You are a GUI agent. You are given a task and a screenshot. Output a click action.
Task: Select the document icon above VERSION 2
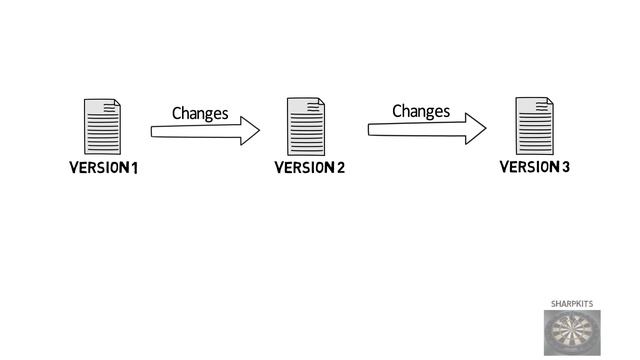click(x=306, y=126)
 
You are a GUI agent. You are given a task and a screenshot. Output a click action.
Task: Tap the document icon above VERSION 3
click(x=534, y=125)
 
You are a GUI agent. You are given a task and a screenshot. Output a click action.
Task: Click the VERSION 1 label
click(x=103, y=167)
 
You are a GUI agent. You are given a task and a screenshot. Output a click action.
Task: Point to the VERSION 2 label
click(x=309, y=167)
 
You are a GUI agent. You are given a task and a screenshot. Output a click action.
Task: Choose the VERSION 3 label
click(x=535, y=165)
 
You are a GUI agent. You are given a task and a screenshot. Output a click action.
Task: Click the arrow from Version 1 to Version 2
click(x=204, y=131)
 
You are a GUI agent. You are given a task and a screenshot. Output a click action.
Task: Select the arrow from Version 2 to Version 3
click(x=425, y=128)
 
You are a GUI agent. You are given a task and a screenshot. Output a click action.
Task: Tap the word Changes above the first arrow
click(x=200, y=113)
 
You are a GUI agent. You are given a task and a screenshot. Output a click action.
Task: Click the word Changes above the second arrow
click(x=421, y=110)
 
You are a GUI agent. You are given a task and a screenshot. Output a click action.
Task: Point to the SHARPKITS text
click(x=572, y=302)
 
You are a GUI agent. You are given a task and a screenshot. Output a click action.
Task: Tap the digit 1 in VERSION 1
click(x=133, y=167)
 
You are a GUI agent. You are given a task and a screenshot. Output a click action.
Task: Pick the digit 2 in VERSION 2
click(x=340, y=167)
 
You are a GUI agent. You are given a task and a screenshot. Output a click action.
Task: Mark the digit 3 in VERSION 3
click(x=566, y=165)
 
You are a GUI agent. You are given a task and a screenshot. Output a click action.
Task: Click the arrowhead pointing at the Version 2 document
click(x=249, y=131)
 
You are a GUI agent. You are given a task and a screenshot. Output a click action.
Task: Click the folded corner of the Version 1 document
click(x=117, y=103)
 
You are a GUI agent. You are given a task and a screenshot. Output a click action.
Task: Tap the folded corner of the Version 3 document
click(x=548, y=101)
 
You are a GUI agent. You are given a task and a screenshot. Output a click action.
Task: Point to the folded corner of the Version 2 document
click(x=320, y=102)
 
